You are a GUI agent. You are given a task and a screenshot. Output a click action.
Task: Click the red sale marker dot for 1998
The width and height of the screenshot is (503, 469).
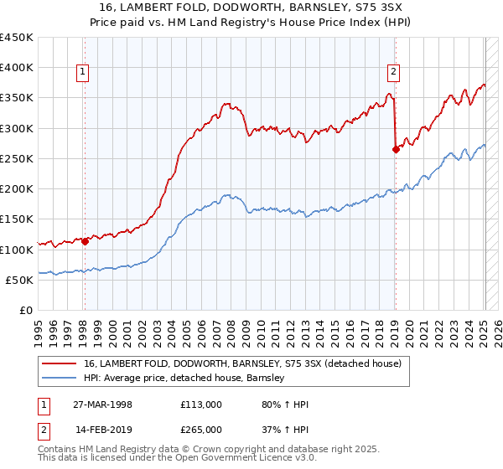(85, 241)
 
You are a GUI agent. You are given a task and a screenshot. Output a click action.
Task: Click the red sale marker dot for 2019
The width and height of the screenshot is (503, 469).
(396, 150)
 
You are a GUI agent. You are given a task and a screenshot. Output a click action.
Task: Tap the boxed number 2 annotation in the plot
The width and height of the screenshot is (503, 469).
(393, 72)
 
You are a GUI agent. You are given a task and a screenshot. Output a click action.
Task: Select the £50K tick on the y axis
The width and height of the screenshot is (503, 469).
(20, 280)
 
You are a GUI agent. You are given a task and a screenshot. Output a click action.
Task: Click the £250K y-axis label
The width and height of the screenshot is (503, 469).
(17, 158)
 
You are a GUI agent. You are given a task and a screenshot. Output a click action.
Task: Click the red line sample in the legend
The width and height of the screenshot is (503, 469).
(60, 363)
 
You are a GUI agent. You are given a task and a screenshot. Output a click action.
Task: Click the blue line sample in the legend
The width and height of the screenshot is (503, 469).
(60, 379)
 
